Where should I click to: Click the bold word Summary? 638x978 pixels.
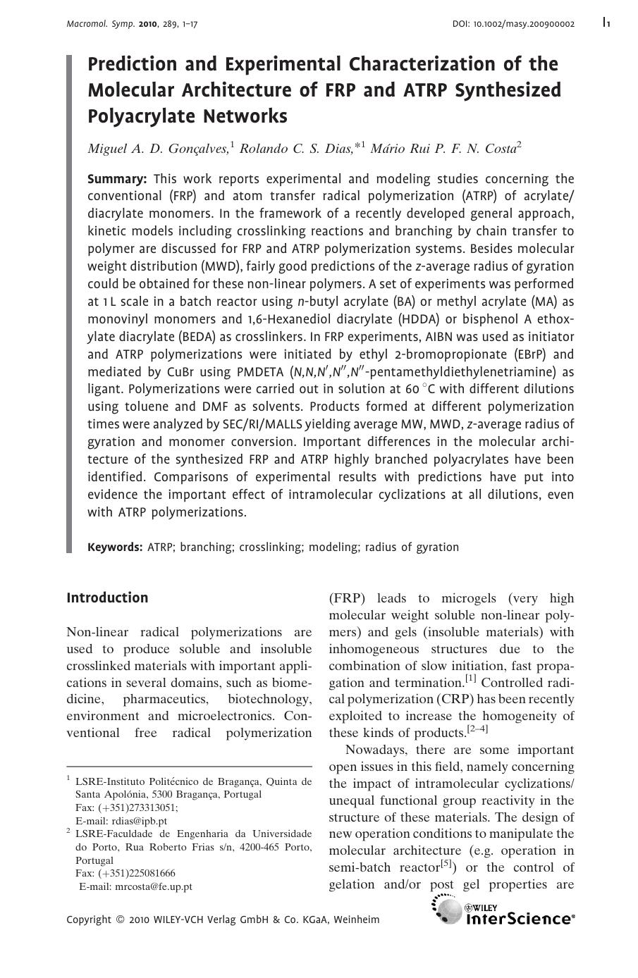pyautogui.click(x=117, y=179)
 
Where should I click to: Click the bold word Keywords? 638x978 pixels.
pyautogui.click(x=115, y=547)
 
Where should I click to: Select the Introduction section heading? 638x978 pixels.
pyautogui.click(x=107, y=598)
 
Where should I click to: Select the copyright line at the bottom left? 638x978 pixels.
pyautogui.click(x=223, y=920)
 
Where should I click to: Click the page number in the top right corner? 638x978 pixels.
pyautogui.click(x=606, y=23)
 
